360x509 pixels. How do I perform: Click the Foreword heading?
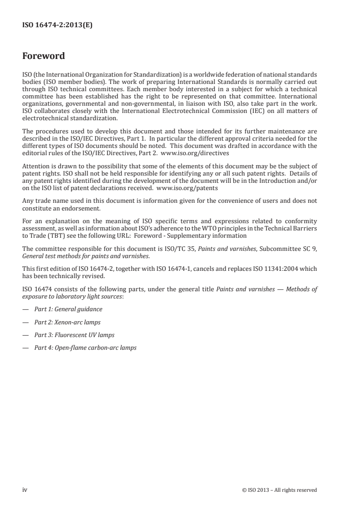coord(44,56)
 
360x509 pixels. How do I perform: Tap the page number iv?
coord(25,489)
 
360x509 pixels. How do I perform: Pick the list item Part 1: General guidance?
coord(68,309)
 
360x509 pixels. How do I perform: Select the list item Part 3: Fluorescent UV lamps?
coord(74,335)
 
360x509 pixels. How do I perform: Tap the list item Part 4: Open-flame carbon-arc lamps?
coord(85,348)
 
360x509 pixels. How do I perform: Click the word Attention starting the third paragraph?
coord(34,166)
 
